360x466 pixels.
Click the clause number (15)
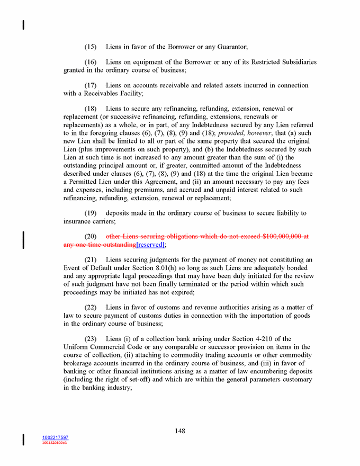click(x=91, y=47)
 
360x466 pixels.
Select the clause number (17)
click(x=91, y=85)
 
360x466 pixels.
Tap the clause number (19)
click(x=91, y=213)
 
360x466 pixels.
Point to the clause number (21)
click(x=91, y=259)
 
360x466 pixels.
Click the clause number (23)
click(x=91, y=339)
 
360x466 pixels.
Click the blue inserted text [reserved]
click(x=150, y=245)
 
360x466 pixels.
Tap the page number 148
click(x=180, y=431)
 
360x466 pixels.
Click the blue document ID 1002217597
click(x=55, y=437)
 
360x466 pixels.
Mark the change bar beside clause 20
click(x=23, y=239)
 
